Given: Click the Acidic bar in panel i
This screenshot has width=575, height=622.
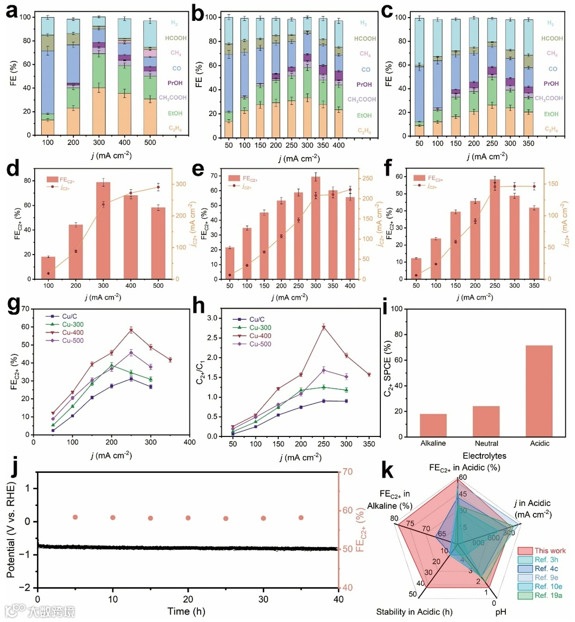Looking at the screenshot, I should (x=539, y=391).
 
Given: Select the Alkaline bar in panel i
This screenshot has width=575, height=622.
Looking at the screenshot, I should (x=433, y=425).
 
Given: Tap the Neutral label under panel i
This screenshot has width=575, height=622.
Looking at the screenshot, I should (x=486, y=443).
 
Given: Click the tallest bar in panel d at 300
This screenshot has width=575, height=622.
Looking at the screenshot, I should (x=103, y=231).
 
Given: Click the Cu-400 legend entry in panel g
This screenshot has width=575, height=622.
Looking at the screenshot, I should (x=72, y=333).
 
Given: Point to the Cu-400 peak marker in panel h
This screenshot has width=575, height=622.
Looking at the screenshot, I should (x=323, y=327).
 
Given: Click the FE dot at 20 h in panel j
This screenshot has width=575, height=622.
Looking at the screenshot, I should (x=188, y=518).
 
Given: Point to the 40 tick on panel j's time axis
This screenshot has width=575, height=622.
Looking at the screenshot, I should (x=339, y=600).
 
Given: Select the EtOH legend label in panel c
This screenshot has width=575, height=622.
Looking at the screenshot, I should (x=551, y=114).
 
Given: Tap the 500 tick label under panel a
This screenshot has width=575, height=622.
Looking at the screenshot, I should (x=150, y=143).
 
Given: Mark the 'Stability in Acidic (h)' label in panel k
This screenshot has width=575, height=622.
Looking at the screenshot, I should (x=414, y=612).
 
